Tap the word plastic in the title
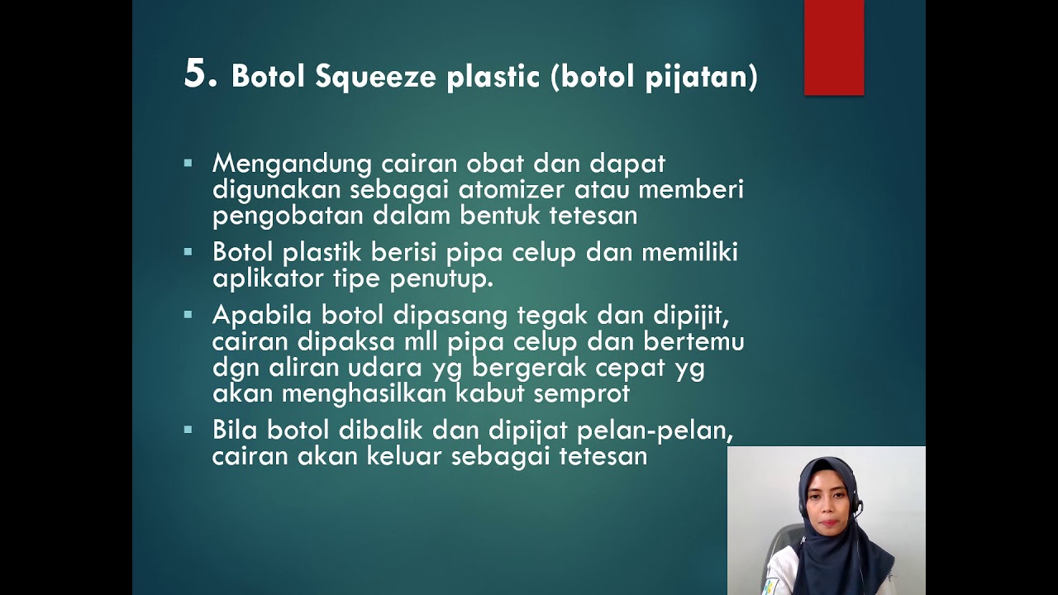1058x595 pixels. point(494,77)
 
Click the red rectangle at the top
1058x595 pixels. point(834,47)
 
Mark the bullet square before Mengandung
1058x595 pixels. point(188,164)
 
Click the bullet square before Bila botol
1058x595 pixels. point(188,430)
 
